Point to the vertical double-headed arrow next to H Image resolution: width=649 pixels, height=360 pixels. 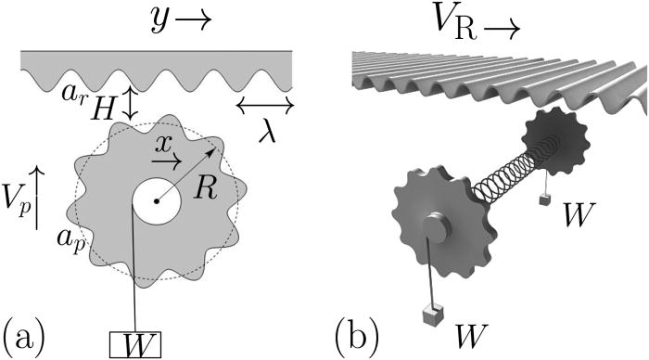(131, 103)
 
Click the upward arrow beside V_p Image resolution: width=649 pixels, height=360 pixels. (35, 196)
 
